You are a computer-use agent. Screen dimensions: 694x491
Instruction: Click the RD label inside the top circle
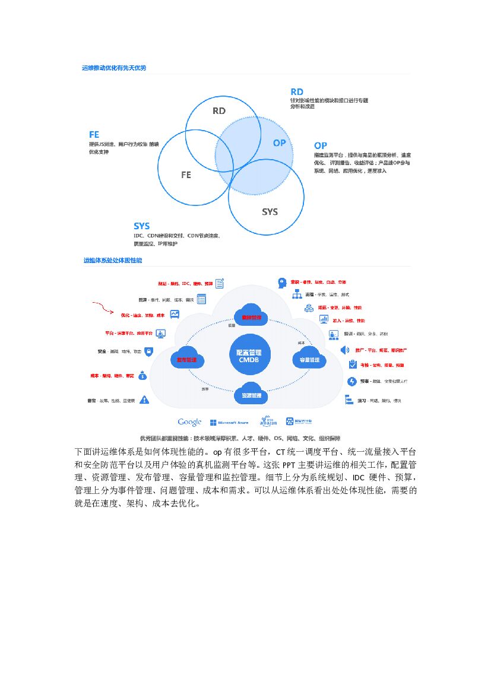coord(219,110)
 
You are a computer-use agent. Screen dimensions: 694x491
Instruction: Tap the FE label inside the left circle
coord(186,175)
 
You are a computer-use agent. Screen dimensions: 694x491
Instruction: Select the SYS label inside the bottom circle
coord(270,212)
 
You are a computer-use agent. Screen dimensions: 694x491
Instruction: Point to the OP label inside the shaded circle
coord(279,143)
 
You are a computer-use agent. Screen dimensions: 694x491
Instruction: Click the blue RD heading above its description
coord(297,91)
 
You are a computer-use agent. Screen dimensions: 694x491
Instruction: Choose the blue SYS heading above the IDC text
coord(141,226)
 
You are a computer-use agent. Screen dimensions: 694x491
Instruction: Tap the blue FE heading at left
coord(94,135)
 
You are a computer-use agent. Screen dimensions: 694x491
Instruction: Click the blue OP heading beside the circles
coord(321,145)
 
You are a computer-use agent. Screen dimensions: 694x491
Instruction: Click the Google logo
coord(189,422)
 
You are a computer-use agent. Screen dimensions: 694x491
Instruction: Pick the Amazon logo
coord(268,422)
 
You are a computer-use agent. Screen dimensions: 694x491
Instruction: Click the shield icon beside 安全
coord(148,351)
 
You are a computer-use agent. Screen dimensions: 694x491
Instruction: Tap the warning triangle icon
coord(144,400)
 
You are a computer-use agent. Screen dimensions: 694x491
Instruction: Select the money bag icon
coord(142,375)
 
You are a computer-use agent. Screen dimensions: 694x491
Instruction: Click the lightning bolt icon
coord(351,381)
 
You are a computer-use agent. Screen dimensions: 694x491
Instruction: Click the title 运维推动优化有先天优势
coord(114,68)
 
